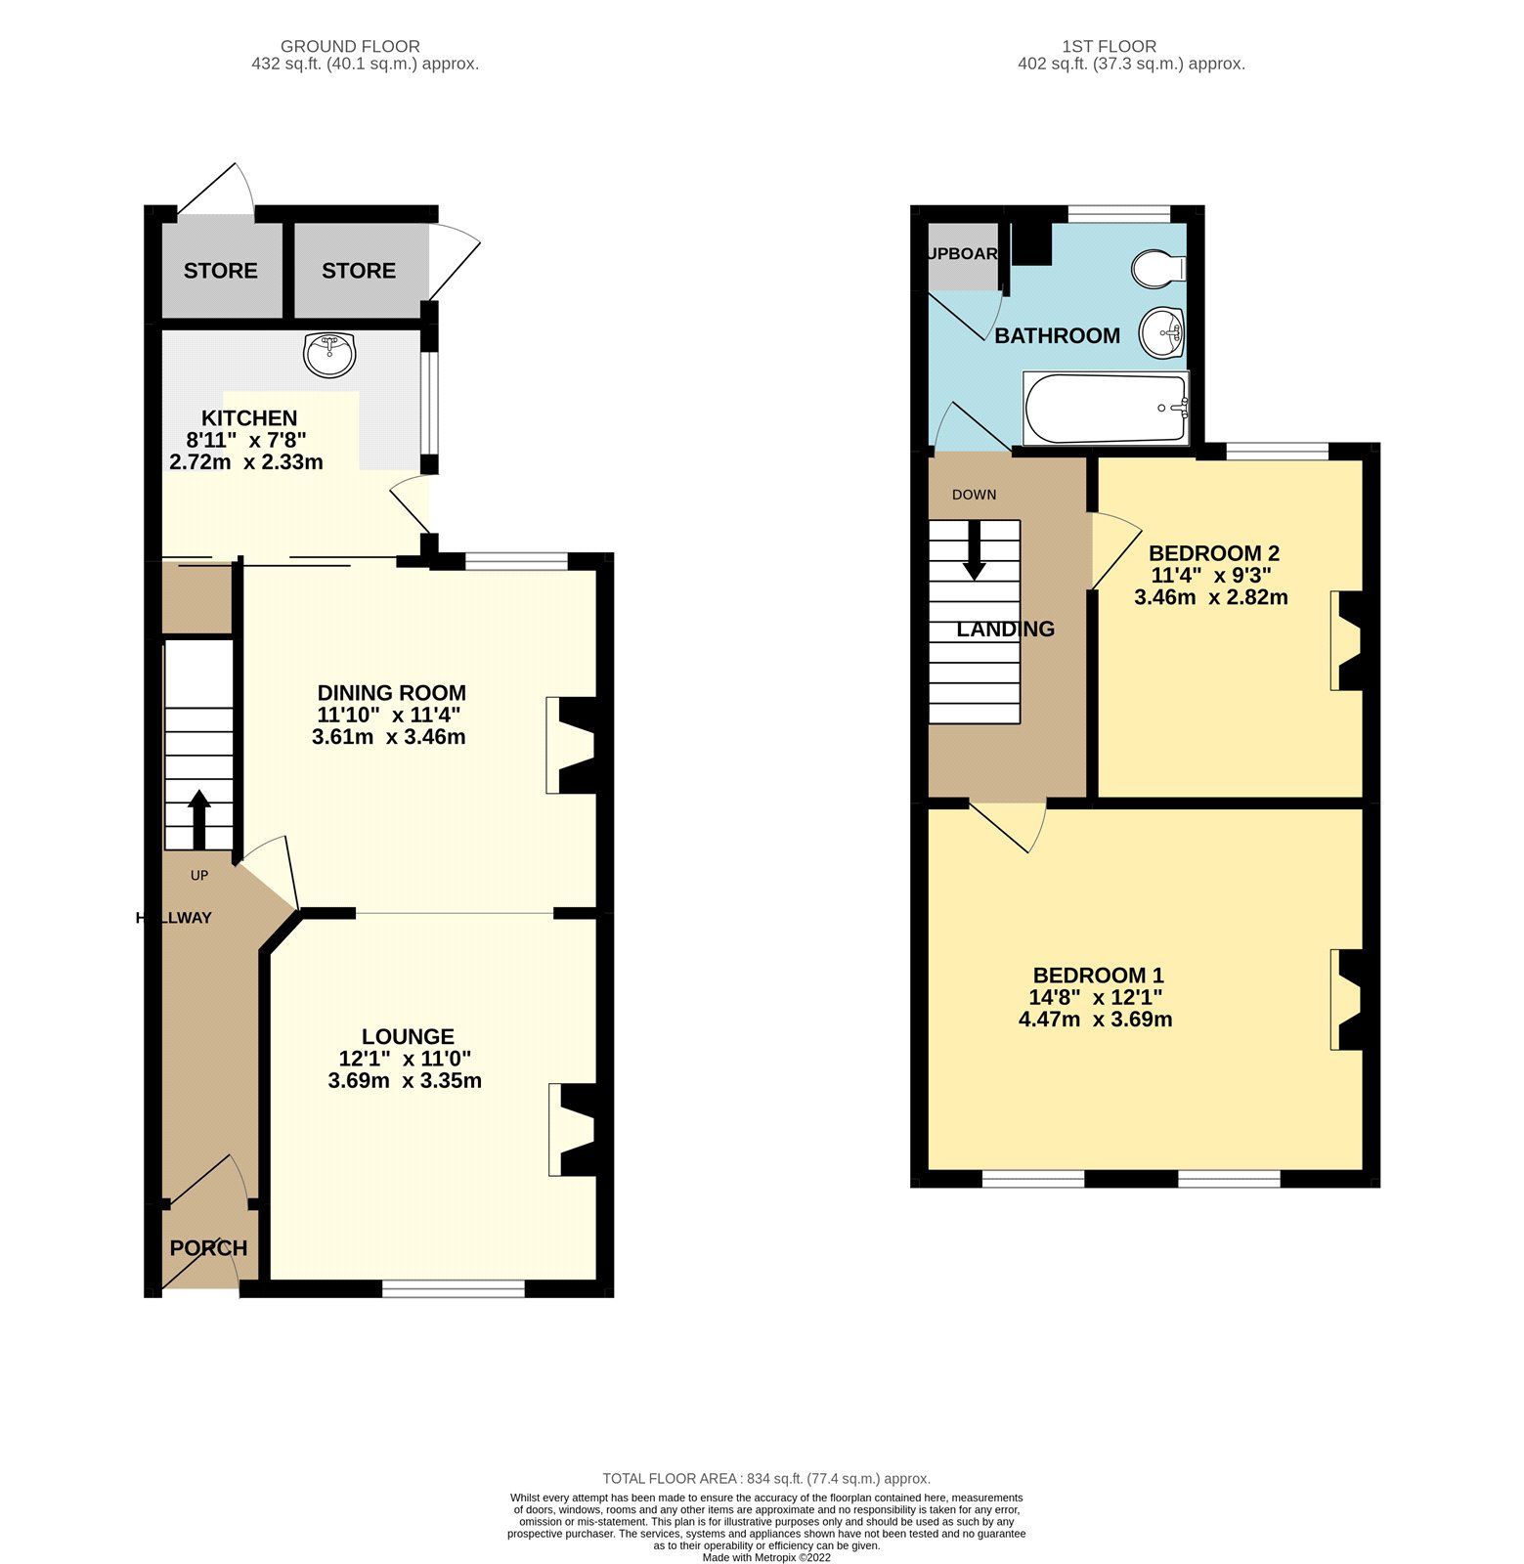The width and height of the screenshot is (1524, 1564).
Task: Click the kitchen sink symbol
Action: [x=330, y=354]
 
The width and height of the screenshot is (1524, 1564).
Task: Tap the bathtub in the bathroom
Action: [x=1106, y=408]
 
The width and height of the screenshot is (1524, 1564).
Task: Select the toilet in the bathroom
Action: [x=1158, y=268]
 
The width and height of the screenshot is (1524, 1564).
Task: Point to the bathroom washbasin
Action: [x=1162, y=332]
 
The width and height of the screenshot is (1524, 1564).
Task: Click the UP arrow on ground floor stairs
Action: [x=198, y=819]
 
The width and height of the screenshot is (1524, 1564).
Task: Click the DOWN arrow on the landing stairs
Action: [x=974, y=549]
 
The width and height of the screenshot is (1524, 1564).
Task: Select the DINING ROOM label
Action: [x=391, y=693]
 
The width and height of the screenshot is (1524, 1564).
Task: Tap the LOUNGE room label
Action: [x=408, y=1036]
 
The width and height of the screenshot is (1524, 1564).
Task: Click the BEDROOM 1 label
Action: [x=1098, y=975]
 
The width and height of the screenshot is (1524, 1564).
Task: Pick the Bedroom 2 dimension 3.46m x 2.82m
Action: [x=1210, y=596]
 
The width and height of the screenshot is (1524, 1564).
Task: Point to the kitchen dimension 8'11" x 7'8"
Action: [x=247, y=440]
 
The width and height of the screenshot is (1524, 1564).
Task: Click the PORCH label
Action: [x=208, y=1248]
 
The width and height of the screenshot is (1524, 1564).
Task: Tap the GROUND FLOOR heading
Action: [x=350, y=46]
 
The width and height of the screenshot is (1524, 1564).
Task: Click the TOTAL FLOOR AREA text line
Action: [x=766, y=1479]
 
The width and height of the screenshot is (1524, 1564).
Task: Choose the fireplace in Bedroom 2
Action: [x=1348, y=640]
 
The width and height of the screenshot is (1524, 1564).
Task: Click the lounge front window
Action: [x=454, y=1290]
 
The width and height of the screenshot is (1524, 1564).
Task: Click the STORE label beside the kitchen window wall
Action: [x=359, y=271]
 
